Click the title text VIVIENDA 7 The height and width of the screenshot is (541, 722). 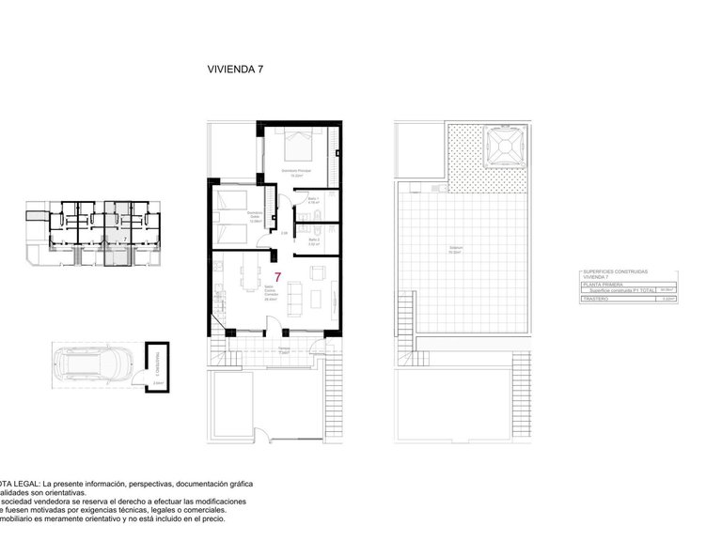coord(234,69)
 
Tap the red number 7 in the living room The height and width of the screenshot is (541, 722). coord(277,277)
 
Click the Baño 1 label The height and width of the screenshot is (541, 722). coord(313,200)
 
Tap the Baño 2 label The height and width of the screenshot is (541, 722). coord(313,241)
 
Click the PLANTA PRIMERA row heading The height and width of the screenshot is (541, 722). coord(602,285)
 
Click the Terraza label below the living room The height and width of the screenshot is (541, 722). coord(283,348)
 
